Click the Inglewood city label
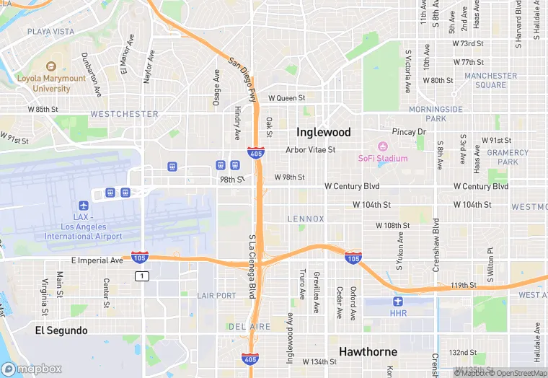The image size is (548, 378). pyautogui.click(x=323, y=133)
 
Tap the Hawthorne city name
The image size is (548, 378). pyautogui.click(x=368, y=352)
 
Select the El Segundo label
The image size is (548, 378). pyautogui.click(x=61, y=330)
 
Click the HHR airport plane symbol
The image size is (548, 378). pyautogui.click(x=398, y=302)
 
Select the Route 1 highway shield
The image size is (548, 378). pyautogui.click(x=143, y=276)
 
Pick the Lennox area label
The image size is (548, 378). pyautogui.click(x=306, y=219)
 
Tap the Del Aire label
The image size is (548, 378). pyautogui.click(x=250, y=327)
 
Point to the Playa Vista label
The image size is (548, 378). pyautogui.click(x=50, y=32)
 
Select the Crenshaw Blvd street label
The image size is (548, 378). pyautogui.click(x=436, y=246)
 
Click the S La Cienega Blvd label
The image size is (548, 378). pyautogui.click(x=252, y=266)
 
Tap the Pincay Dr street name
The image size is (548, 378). pyautogui.click(x=409, y=132)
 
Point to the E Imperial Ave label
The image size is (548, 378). pyautogui.click(x=97, y=260)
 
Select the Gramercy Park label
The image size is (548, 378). pyautogui.click(x=503, y=157)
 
